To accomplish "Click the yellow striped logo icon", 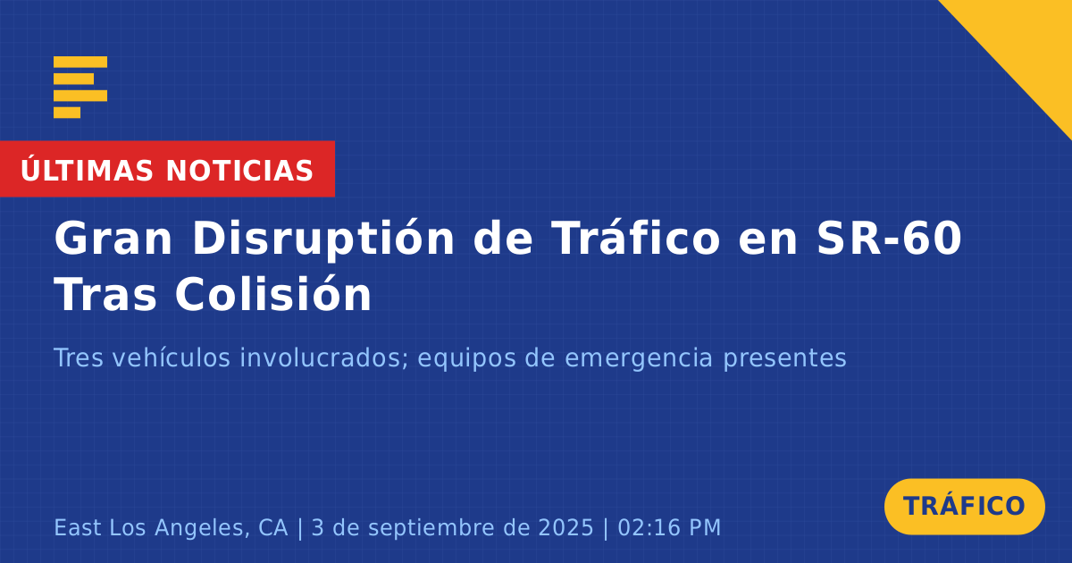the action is coord(80,88).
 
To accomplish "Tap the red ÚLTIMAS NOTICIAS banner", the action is coord(168,169).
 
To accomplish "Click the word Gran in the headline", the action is coord(113,239).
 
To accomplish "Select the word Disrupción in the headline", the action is coord(323,239).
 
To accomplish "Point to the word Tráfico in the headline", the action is coord(636,238).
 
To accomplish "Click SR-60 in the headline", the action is coord(889,238).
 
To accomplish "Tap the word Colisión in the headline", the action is coord(273,294).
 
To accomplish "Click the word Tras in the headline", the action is coord(105,294).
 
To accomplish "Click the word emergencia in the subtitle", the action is coord(639,358).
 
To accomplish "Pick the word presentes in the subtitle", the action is coord(784,359).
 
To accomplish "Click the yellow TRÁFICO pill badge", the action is coord(964,507).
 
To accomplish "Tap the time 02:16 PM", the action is coord(669,527).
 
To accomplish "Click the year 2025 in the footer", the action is coord(565,527).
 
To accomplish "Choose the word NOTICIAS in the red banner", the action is coord(239,171).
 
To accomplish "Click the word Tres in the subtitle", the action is coord(79,357).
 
